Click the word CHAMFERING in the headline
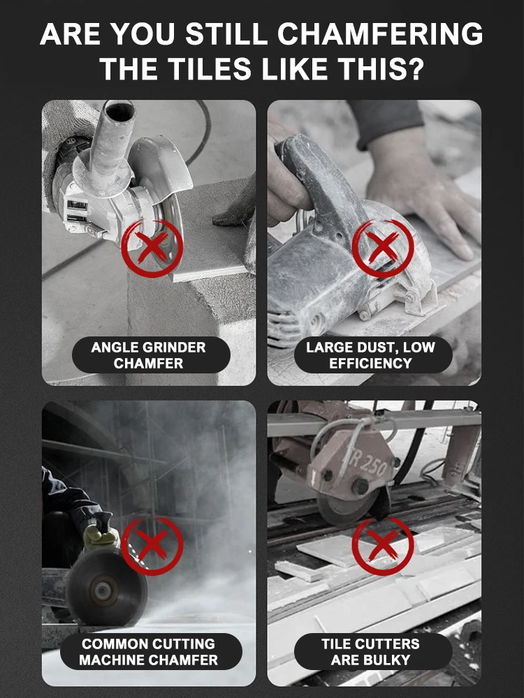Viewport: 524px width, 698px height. click(380, 34)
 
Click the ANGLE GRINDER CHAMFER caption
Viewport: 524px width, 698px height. click(148, 355)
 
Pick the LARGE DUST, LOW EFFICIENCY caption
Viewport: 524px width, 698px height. click(370, 355)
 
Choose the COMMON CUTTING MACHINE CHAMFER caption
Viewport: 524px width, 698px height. click(148, 652)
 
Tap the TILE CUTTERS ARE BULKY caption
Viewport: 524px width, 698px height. click(370, 652)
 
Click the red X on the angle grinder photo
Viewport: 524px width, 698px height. click(152, 246)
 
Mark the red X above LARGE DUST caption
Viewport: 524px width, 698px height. click(382, 247)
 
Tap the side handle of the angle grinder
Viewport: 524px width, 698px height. click(107, 142)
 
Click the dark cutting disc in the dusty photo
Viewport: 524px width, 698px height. click(105, 588)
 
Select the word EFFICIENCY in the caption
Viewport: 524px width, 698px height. click(370, 363)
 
